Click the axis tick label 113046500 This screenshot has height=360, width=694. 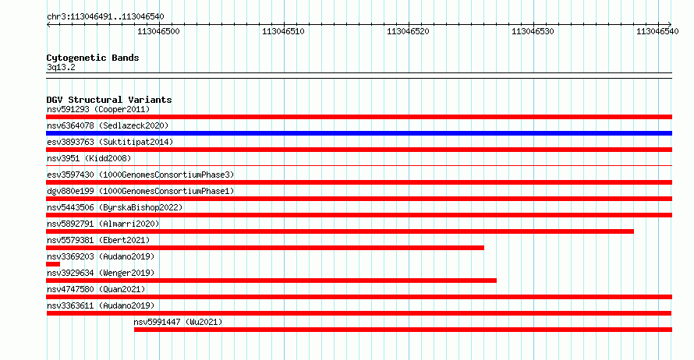(x=158, y=31)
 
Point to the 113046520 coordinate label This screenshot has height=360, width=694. (x=408, y=31)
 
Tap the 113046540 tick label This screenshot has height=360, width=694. (x=657, y=31)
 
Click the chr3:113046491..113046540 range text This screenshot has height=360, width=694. (x=105, y=17)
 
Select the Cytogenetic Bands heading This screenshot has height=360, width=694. (x=93, y=58)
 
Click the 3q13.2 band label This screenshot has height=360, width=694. (x=61, y=67)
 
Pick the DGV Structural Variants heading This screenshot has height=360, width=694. (x=109, y=100)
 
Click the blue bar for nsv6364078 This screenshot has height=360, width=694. (x=359, y=133)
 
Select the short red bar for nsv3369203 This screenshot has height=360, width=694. (x=53, y=264)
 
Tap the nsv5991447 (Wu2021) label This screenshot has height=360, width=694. (x=178, y=322)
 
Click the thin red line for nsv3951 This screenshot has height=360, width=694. (x=359, y=166)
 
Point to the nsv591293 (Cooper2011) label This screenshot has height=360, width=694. (x=98, y=109)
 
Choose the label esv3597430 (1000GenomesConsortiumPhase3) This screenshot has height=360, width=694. (x=140, y=175)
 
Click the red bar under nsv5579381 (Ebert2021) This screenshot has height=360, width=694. (x=265, y=248)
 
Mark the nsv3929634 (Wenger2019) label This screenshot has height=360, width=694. (x=101, y=273)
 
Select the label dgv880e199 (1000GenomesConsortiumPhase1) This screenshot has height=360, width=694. (x=140, y=191)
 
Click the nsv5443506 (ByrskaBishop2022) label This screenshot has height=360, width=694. (x=115, y=207)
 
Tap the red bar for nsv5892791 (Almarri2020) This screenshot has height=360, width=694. (x=340, y=231)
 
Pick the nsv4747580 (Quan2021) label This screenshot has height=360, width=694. (x=96, y=289)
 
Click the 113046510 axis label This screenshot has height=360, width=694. (x=283, y=31)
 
